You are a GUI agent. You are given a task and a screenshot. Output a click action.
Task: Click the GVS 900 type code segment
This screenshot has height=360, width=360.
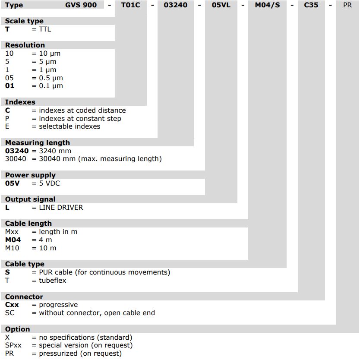click(x=78, y=5)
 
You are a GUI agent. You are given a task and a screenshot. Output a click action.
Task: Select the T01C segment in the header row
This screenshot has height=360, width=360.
click(x=131, y=5)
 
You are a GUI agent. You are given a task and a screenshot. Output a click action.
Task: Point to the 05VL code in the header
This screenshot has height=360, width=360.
click(x=221, y=5)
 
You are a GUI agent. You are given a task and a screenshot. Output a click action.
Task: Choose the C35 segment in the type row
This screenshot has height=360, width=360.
click(x=311, y=5)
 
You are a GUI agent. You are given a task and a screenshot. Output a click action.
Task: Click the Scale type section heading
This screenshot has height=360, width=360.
click(x=24, y=21)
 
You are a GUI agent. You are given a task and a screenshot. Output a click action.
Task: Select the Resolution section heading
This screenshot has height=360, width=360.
click(x=25, y=45)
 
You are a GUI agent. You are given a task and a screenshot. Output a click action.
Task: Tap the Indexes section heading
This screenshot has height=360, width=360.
click(x=20, y=102)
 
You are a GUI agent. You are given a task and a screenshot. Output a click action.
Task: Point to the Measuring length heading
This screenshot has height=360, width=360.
click(x=38, y=142)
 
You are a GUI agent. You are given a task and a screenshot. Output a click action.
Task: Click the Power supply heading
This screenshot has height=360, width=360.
click(x=30, y=175)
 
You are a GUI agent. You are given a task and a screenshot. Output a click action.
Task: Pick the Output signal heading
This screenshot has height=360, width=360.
click(x=30, y=199)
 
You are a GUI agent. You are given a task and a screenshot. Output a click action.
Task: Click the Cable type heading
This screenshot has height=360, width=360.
click(x=25, y=264)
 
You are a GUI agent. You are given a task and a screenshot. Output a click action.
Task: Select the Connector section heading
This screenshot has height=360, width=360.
click(x=24, y=297)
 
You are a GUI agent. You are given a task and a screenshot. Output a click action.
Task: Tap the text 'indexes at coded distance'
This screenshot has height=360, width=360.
click(x=82, y=111)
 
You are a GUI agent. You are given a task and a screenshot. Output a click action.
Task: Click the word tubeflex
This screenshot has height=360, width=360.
click(x=53, y=281)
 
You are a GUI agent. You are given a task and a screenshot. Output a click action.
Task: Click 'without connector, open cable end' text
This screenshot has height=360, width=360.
click(x=97, y=313)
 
